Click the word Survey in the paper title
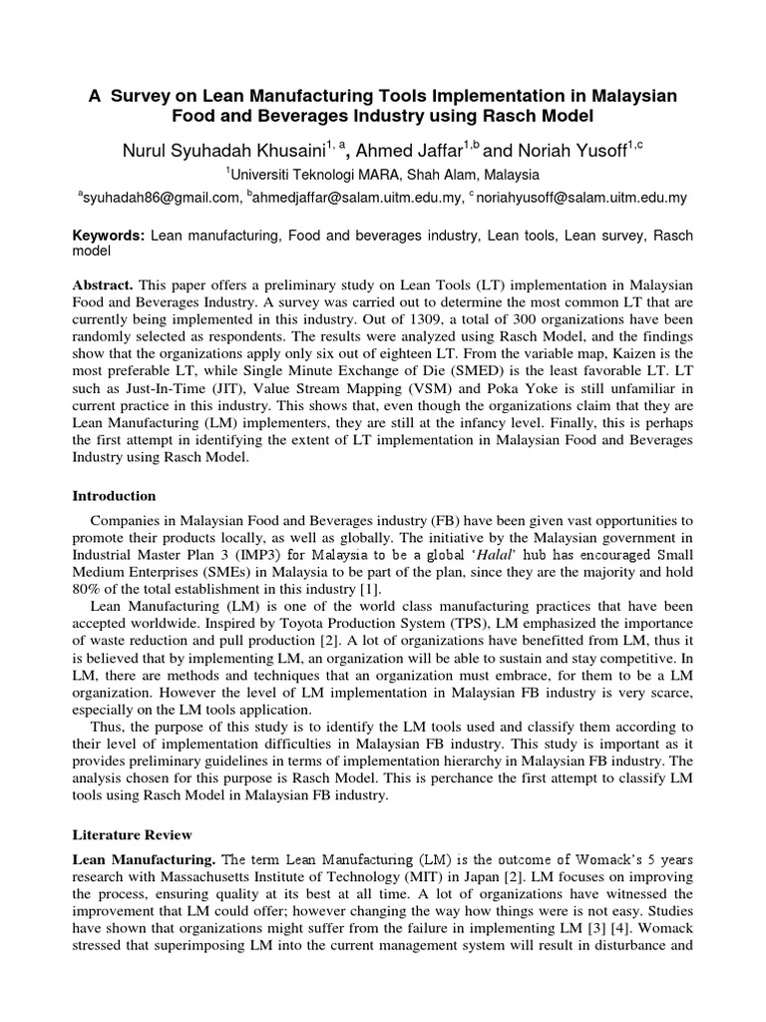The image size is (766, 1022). coord(145,95)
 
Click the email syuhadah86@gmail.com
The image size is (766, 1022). coord(161,198)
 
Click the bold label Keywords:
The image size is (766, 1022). coord(110,235)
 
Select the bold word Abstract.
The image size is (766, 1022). coord(106,285)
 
